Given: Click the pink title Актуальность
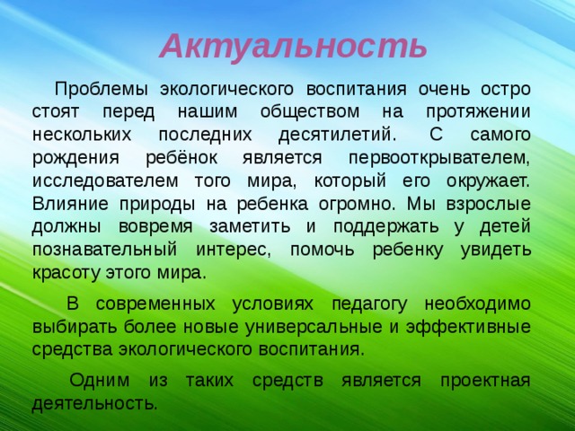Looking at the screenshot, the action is pos(294,47).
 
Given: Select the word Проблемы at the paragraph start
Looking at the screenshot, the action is pos(102,90).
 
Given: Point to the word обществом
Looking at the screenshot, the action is pos(310,111).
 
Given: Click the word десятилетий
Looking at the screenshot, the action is pos(338,135).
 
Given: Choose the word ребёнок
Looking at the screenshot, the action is pos(181,157).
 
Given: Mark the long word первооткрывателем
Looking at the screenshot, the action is pos(439,158).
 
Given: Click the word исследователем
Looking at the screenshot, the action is pos(105,180).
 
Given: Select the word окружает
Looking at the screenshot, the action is pos(489,181).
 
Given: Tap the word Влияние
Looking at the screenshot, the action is pos(70,204).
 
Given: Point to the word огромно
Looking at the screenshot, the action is pos(358,205).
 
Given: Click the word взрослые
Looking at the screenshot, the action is pos(489,205).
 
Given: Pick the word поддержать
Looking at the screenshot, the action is pos(385,227).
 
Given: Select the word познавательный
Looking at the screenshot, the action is pos(104,250).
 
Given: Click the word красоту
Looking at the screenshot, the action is pos(66,273).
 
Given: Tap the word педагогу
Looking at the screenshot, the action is pos(369,305).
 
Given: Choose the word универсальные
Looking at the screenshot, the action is pos(314,327).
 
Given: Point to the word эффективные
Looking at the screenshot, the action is pos(468,327).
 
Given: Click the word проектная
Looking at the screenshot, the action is pos(485,381).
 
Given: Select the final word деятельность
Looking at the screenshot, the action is pos(94,403).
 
